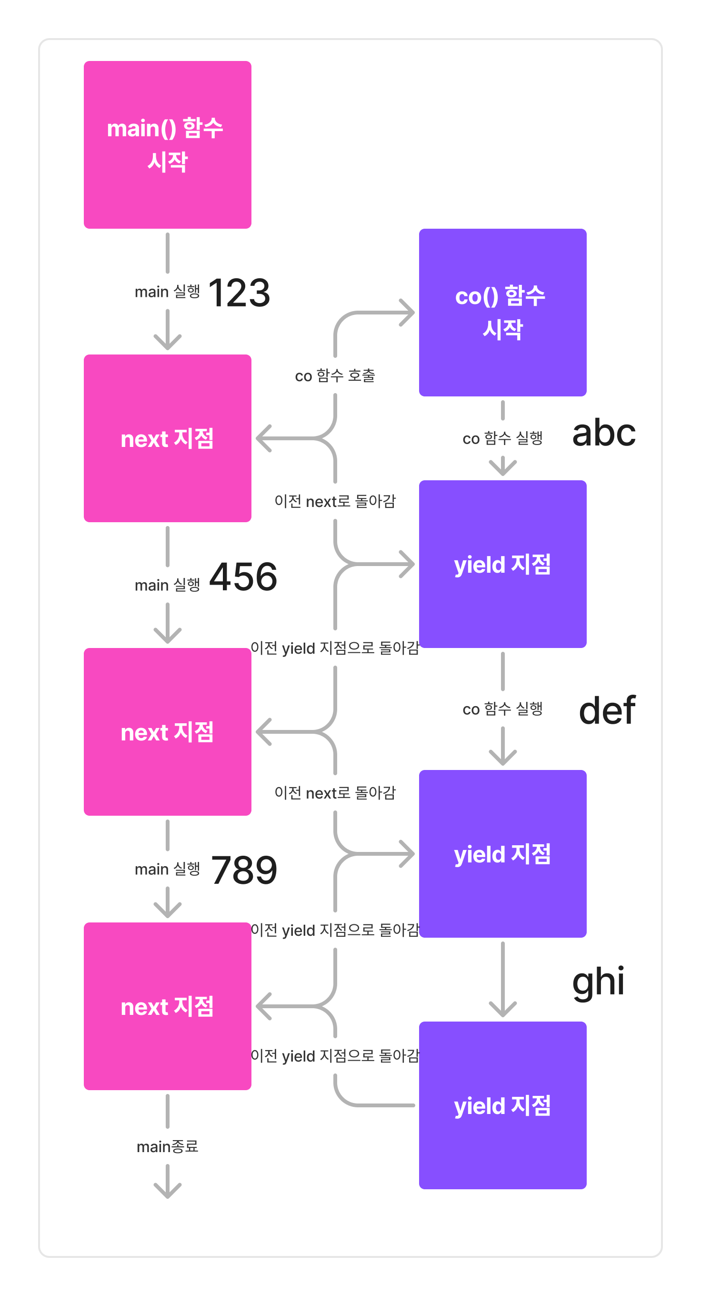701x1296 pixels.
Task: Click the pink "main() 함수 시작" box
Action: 168,145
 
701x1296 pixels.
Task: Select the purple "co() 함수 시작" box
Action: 502,313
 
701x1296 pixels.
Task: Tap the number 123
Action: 240,293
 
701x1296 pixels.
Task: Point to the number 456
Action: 243,577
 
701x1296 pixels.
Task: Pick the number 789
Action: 244,870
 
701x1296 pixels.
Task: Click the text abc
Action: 604,433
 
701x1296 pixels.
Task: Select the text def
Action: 607,710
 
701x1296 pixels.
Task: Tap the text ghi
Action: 599,982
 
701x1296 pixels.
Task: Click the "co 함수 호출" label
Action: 335,376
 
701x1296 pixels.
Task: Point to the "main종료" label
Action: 168,1146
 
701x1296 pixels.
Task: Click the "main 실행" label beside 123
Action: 168,292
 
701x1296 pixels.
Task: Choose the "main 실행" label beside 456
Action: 168,585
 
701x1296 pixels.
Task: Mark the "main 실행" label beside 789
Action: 168,869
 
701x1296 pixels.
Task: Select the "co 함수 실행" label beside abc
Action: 502,438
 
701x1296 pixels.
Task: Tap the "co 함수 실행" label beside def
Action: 502,709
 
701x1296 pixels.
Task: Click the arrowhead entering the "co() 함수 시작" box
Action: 408,313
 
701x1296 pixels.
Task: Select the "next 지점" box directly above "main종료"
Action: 168,1006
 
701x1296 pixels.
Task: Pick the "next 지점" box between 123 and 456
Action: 168,438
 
